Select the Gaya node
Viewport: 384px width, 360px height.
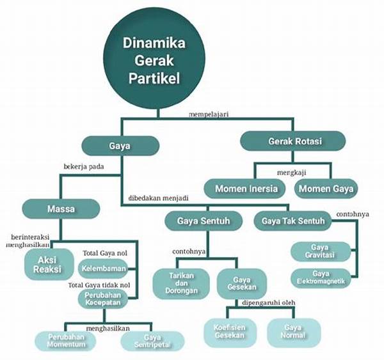click(120, 146)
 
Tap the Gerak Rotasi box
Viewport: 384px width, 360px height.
click(293, 141)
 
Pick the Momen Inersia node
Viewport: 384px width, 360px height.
click(246, 189)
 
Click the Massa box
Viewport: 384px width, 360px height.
click(61, 208)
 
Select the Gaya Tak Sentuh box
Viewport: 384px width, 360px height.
click(293, 222)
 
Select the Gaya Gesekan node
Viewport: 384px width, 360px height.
click(242, 284)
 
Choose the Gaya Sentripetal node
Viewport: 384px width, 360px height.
click(152, 341)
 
